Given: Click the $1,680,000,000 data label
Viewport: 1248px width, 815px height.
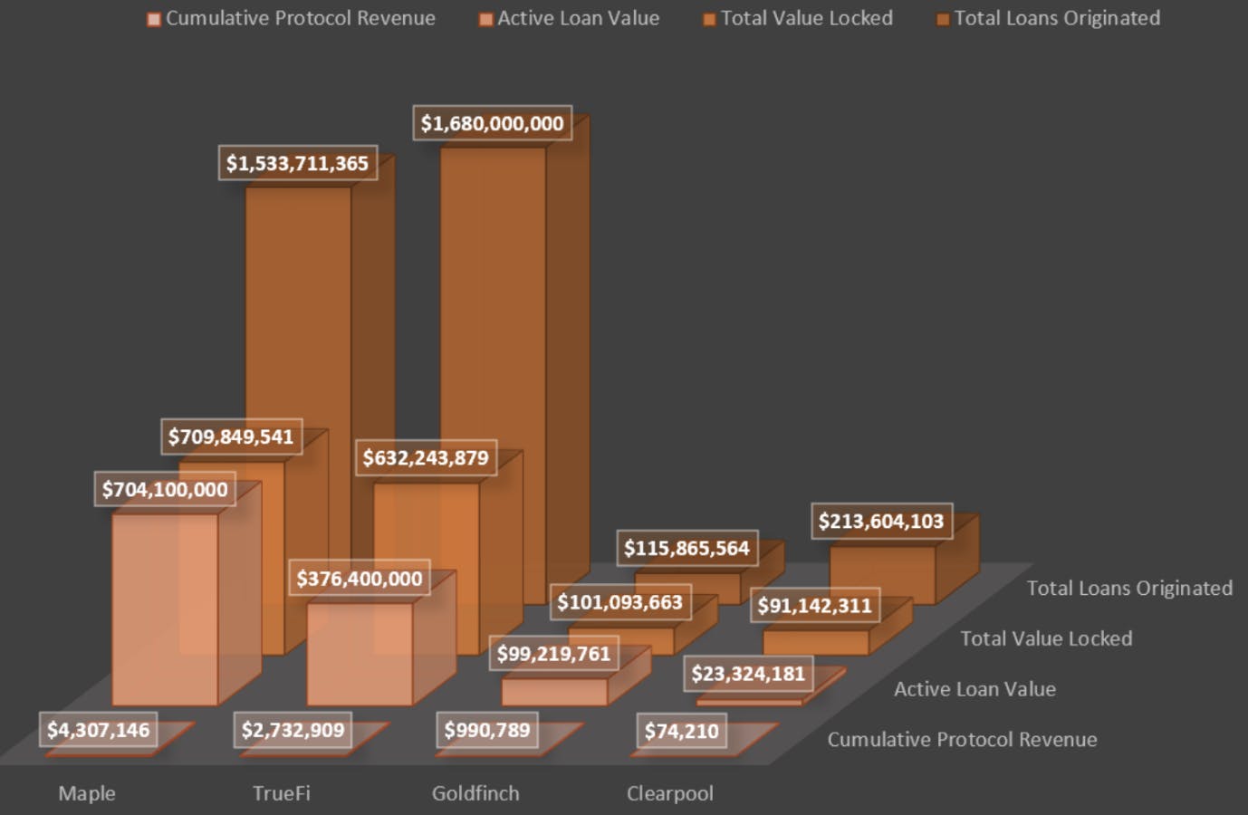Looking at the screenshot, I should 492,123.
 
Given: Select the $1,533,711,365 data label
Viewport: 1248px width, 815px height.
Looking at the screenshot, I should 297,164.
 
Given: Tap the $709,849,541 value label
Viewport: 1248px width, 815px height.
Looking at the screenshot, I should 231,436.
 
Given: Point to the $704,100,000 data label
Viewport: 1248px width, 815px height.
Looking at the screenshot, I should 165,490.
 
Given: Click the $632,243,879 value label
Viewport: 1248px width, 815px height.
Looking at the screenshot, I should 426,458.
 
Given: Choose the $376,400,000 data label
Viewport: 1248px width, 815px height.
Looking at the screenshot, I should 360,579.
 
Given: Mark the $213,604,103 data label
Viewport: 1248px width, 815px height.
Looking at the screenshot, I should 880,522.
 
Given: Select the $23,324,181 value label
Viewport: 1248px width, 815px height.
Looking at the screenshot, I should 748,674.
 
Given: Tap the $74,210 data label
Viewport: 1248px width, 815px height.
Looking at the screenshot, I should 681,731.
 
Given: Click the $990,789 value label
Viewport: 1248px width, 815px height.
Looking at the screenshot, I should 487,730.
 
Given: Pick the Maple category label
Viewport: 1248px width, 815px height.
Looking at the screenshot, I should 87,793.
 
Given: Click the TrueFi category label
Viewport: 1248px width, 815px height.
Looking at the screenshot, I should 281,793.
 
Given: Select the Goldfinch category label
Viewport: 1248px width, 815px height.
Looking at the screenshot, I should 475,793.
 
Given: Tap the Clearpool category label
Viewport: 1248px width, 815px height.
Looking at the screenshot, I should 670,793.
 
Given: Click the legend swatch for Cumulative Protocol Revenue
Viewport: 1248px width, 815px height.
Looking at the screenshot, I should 154,19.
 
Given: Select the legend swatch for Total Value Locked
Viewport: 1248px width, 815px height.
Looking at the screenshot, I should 709,19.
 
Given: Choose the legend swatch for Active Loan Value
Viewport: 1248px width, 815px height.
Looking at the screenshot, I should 486,19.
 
